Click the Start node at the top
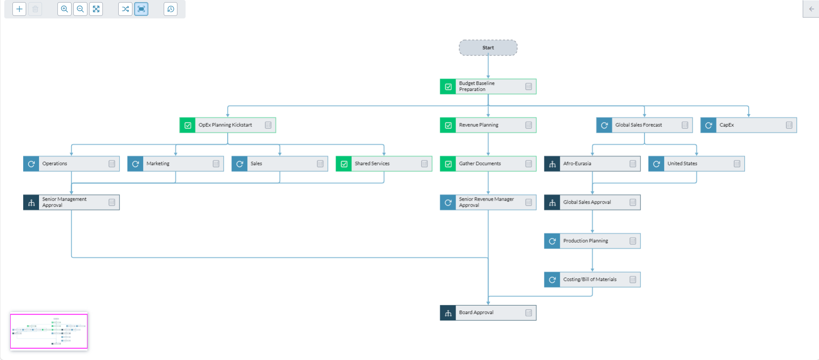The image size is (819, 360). pyautogui.click(x=488, y=48)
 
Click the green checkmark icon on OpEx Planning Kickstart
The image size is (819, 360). pyautogui.click(x=188, y=125)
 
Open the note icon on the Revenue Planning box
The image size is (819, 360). pyautogui.click(x=528, y=125)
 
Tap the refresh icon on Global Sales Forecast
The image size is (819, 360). pyautogui.click(x=604, y=125)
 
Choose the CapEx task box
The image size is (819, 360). pyautogui.click(x=748, y=125)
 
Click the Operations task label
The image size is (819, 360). pyautogui.click(x=55, y=164)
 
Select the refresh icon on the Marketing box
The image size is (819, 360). pyautogui.click(x=135, y=164)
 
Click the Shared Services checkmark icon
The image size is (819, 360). pyautogui.click(x=344, y=164)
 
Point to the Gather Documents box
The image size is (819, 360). pyautogui.click(x=488, y=164)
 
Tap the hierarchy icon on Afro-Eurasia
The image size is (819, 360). pyautogui.click(x=552, y=164)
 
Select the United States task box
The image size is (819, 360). pyautogui.click(x=696, y=164)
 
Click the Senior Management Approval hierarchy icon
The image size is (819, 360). pyautogui.click(x=31, y=202)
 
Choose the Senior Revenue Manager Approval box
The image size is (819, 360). pyautogui.click(x=488, y=202)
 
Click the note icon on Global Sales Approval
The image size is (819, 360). pyautogui.click(x=633, y=202)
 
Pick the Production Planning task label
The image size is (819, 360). pyautogui.click(x=585, y=241)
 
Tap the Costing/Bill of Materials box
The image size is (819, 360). pyautogui.click(x=592, y=279)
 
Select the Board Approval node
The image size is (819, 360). pyautogui.click(x=488, y=313)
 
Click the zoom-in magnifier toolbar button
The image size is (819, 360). pyautogui.click(x=64, y=9)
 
